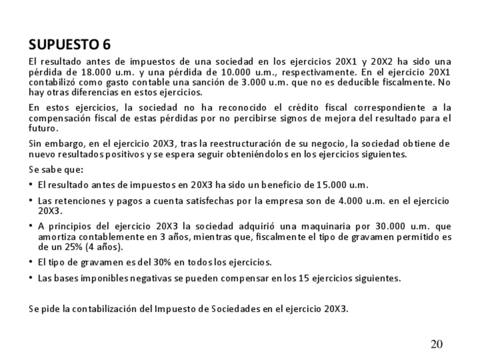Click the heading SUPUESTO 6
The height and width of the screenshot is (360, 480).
(x=70, y=44)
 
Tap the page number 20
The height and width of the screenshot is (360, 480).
(x=436, y=344)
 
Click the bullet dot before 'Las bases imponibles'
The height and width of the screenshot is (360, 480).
(x=31, y=278)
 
